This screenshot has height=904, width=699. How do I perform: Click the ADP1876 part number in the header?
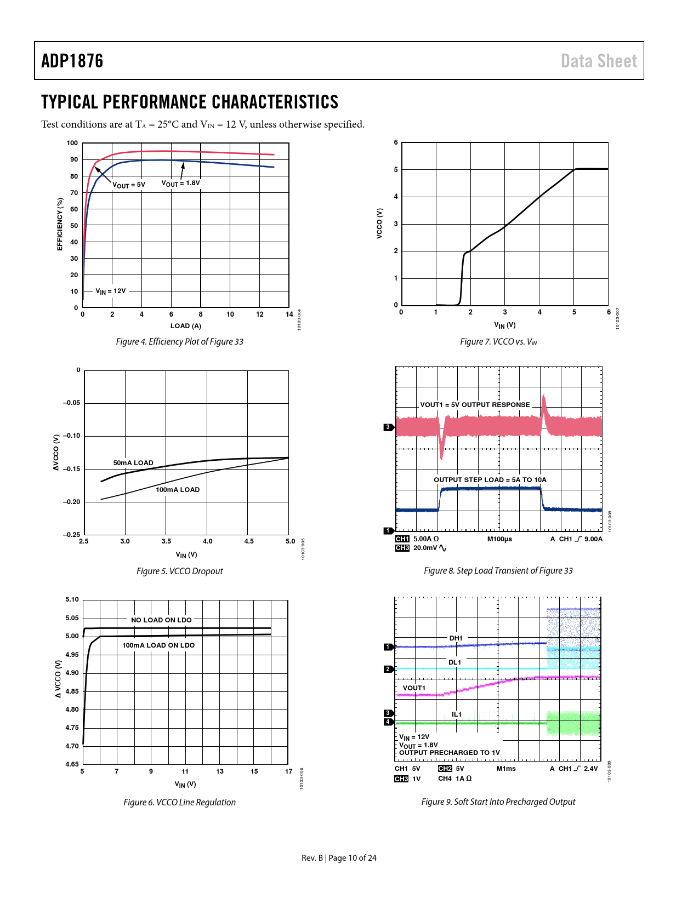tap(72, 61)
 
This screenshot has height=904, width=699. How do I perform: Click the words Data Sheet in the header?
tap(599, 61)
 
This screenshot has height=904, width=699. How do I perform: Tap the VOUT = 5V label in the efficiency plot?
tap(129, 185)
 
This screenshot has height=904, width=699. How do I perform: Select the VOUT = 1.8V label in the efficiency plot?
tap(180, 183)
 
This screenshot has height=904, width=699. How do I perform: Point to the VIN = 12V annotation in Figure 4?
tap(111, 291)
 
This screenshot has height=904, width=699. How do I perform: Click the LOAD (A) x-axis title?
tap(186, 326)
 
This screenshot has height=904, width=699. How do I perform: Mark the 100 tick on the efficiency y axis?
tap(72, 143)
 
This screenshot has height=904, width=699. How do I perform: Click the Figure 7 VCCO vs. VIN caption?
tap(498, 342)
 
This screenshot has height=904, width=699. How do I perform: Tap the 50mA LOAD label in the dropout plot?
tap(133, 463)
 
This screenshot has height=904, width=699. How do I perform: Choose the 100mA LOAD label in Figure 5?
tap(178, 490)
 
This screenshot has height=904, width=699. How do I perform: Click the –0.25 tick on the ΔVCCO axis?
tap(71, 535)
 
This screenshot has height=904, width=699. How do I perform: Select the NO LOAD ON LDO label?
tap(161, 620)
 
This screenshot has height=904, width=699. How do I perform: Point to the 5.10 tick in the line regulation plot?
tap(72, 600)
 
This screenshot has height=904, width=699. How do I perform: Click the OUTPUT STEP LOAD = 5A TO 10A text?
tap(490, 480)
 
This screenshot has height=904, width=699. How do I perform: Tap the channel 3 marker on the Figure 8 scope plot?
tap(388, 427)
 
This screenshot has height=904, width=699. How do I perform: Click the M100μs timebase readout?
tap(499, 539)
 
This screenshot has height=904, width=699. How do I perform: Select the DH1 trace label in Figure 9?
tap(456, 638)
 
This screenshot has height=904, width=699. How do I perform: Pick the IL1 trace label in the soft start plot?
tap(457, 714)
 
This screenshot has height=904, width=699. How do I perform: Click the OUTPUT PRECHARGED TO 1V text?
tap(450, 753)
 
